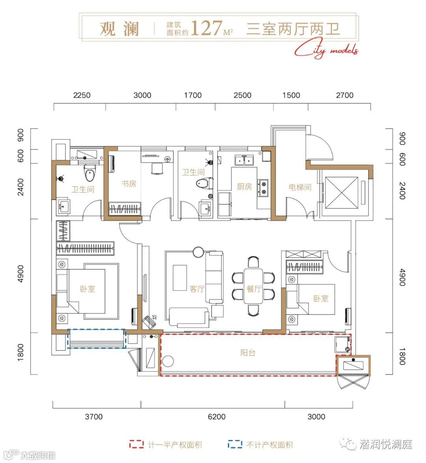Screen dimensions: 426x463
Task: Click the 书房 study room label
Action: coord(129,184)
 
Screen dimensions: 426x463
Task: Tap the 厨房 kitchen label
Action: coord(244,186)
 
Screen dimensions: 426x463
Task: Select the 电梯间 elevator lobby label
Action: coord(300,187)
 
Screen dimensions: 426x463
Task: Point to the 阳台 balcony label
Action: coord(248,353)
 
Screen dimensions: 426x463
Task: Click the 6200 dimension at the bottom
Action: coord(217,417)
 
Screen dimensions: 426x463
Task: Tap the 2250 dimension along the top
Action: coord(82,95)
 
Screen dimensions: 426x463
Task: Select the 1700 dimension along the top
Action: coord(193,95)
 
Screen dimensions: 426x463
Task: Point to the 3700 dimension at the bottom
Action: coord(94,417)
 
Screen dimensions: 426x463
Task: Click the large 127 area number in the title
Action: coord(206,28)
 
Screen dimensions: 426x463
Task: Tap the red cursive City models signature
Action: coord(326,50)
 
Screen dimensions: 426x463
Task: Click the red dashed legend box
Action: coord(136,444)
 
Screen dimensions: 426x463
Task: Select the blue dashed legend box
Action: coord(235,444)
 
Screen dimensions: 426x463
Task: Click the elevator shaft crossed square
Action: coord(342,193)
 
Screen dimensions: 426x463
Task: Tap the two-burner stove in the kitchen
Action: coord(263,188)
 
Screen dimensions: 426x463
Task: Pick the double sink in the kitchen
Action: coord(244,160)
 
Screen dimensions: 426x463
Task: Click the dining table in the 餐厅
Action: coord(253,286)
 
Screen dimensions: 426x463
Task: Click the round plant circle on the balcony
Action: coord(168,361)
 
